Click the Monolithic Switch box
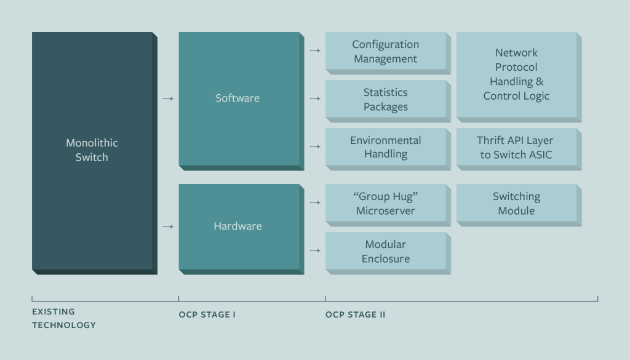point(92,150)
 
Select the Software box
point(238,98)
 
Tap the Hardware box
point(238,226)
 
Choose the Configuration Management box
point(386,52)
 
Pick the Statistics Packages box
point(386,100)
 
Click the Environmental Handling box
point(386,148)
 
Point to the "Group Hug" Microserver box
point(386,204)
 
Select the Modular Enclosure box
point(386,252)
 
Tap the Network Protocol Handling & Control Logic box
point(516,74)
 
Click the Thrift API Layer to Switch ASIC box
point(516,148)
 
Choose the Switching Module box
point(516,204)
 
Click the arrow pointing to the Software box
point(168,98)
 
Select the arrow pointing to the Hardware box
point(168,226)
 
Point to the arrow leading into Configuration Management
point(314,50)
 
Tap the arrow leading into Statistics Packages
point(314,98)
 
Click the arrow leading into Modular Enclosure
point(314,250)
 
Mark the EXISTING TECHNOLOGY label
point(64,318)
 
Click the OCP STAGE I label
point(207,315)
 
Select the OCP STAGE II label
point(355,315)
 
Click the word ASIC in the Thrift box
point(538,155)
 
